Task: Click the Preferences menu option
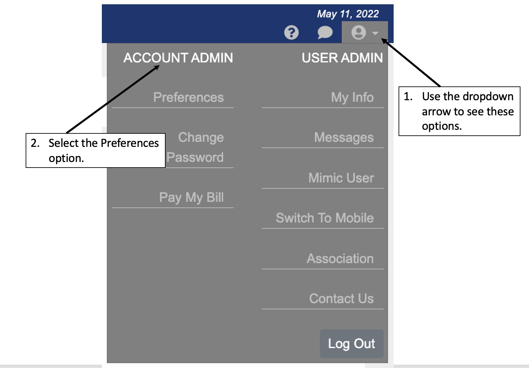point(188,97)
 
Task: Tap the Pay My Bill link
point(191,197)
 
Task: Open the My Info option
point(352,97)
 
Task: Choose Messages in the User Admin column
point(344,137)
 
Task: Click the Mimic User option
point(341,178)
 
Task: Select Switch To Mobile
point(325,218)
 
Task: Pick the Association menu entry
point(340,259)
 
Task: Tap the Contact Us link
point(341,299)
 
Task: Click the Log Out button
point(351,344)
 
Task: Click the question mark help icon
point(291,33)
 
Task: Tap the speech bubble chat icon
point(325,33)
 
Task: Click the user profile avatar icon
point(358,33)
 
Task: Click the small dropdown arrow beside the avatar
point(375,33)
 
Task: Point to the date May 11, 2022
point(348,14)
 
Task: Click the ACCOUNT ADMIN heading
point(178,58)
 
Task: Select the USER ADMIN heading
point(342,58)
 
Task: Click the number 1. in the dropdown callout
point(408,96)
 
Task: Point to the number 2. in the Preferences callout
point(35,143)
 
